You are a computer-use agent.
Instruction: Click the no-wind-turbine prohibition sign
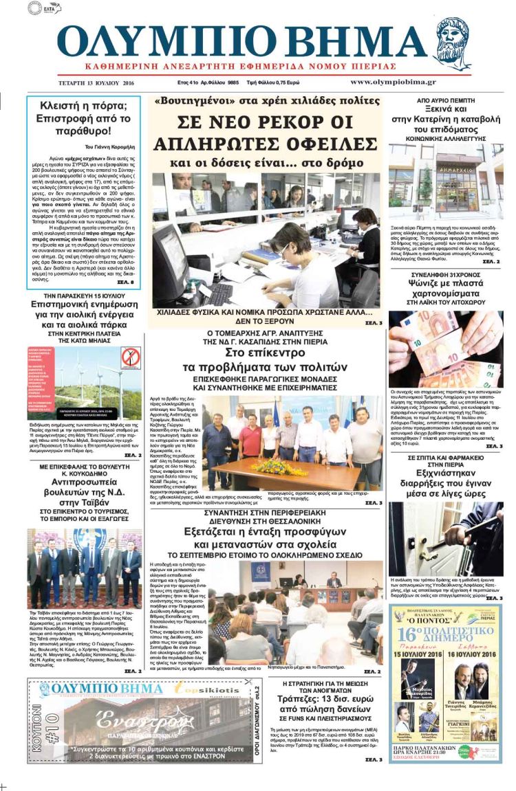coord(130,357)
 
